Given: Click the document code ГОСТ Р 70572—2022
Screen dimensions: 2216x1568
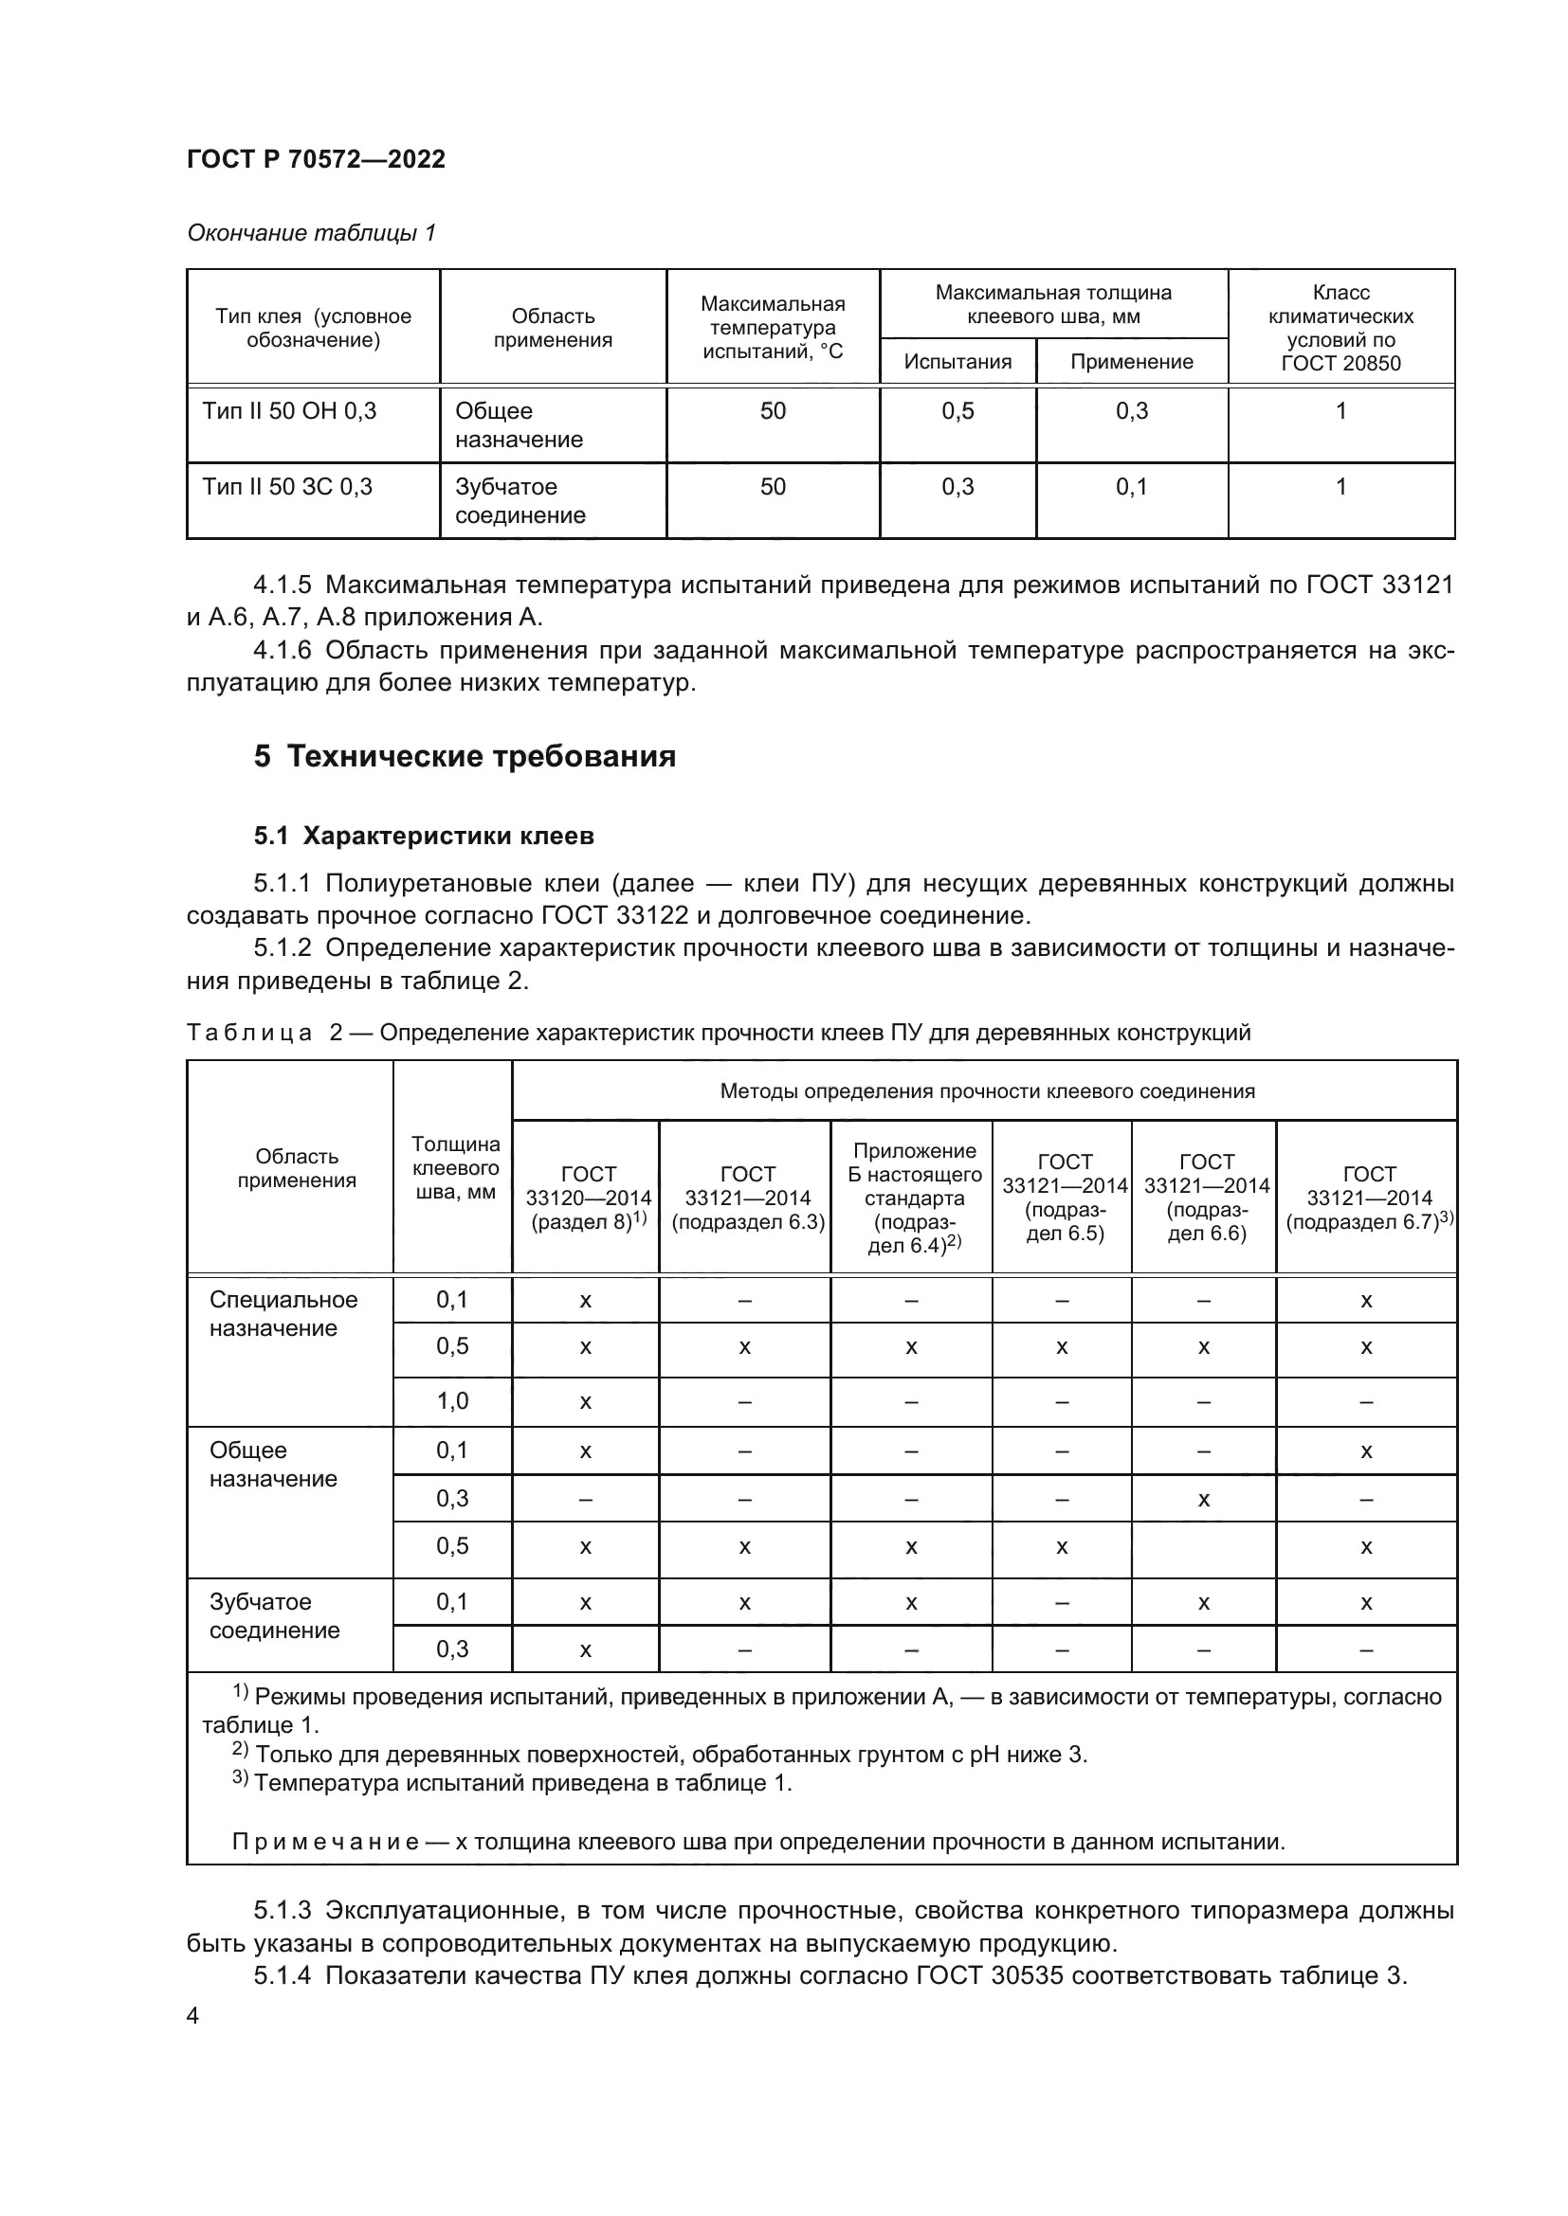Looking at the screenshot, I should tap(316, 159).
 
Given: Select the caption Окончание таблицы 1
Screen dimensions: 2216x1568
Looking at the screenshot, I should tap(311, 233).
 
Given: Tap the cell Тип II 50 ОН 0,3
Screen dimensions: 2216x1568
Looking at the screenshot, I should tap(290, 411).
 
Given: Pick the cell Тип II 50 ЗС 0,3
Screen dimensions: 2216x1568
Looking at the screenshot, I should tap(288, 486).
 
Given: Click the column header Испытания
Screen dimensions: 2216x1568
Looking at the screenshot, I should tap(957, 362).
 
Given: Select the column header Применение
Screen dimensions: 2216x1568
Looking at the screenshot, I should tap(1132, 362).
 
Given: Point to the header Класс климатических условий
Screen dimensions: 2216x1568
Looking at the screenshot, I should tap(1340, 327).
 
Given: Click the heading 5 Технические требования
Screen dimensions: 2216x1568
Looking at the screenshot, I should tap(465, 756).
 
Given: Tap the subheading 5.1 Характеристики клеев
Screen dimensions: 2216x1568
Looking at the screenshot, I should tap(424, 836).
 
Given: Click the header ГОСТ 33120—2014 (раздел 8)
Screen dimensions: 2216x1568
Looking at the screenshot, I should tap(587, 1197).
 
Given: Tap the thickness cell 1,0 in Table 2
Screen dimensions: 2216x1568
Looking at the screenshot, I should tap(452, 1400).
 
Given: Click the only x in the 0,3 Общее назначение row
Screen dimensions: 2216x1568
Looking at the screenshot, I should tap(1203, 1500).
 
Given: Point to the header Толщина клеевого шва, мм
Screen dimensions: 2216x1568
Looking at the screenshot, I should tap(455, 1168).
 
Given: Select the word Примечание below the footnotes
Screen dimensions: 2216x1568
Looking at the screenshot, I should tap(324, 1842).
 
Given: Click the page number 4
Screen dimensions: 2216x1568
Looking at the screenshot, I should tap(192, 2015).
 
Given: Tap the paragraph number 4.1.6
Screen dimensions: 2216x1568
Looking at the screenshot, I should tap(282, 651).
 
